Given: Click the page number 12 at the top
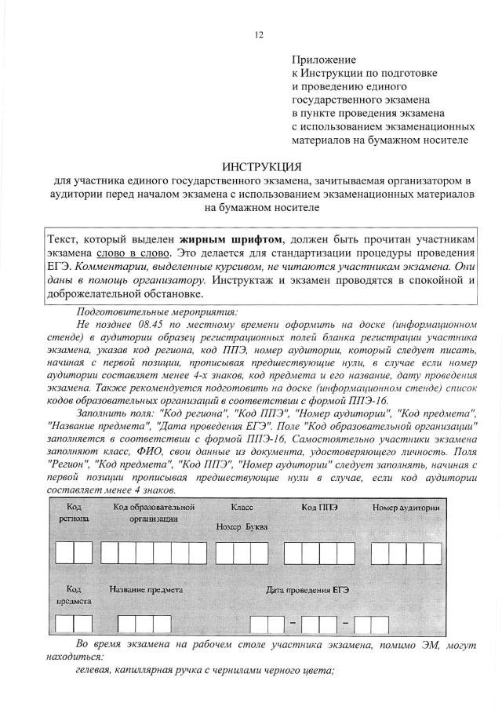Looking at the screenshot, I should tap(259, 35).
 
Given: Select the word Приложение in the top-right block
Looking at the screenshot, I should tap(324, 60).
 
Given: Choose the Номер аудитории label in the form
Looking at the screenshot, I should tap(405, 508).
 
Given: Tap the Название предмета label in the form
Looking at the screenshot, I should tap(147, 588).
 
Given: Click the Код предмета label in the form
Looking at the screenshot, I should tap(73, 594).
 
